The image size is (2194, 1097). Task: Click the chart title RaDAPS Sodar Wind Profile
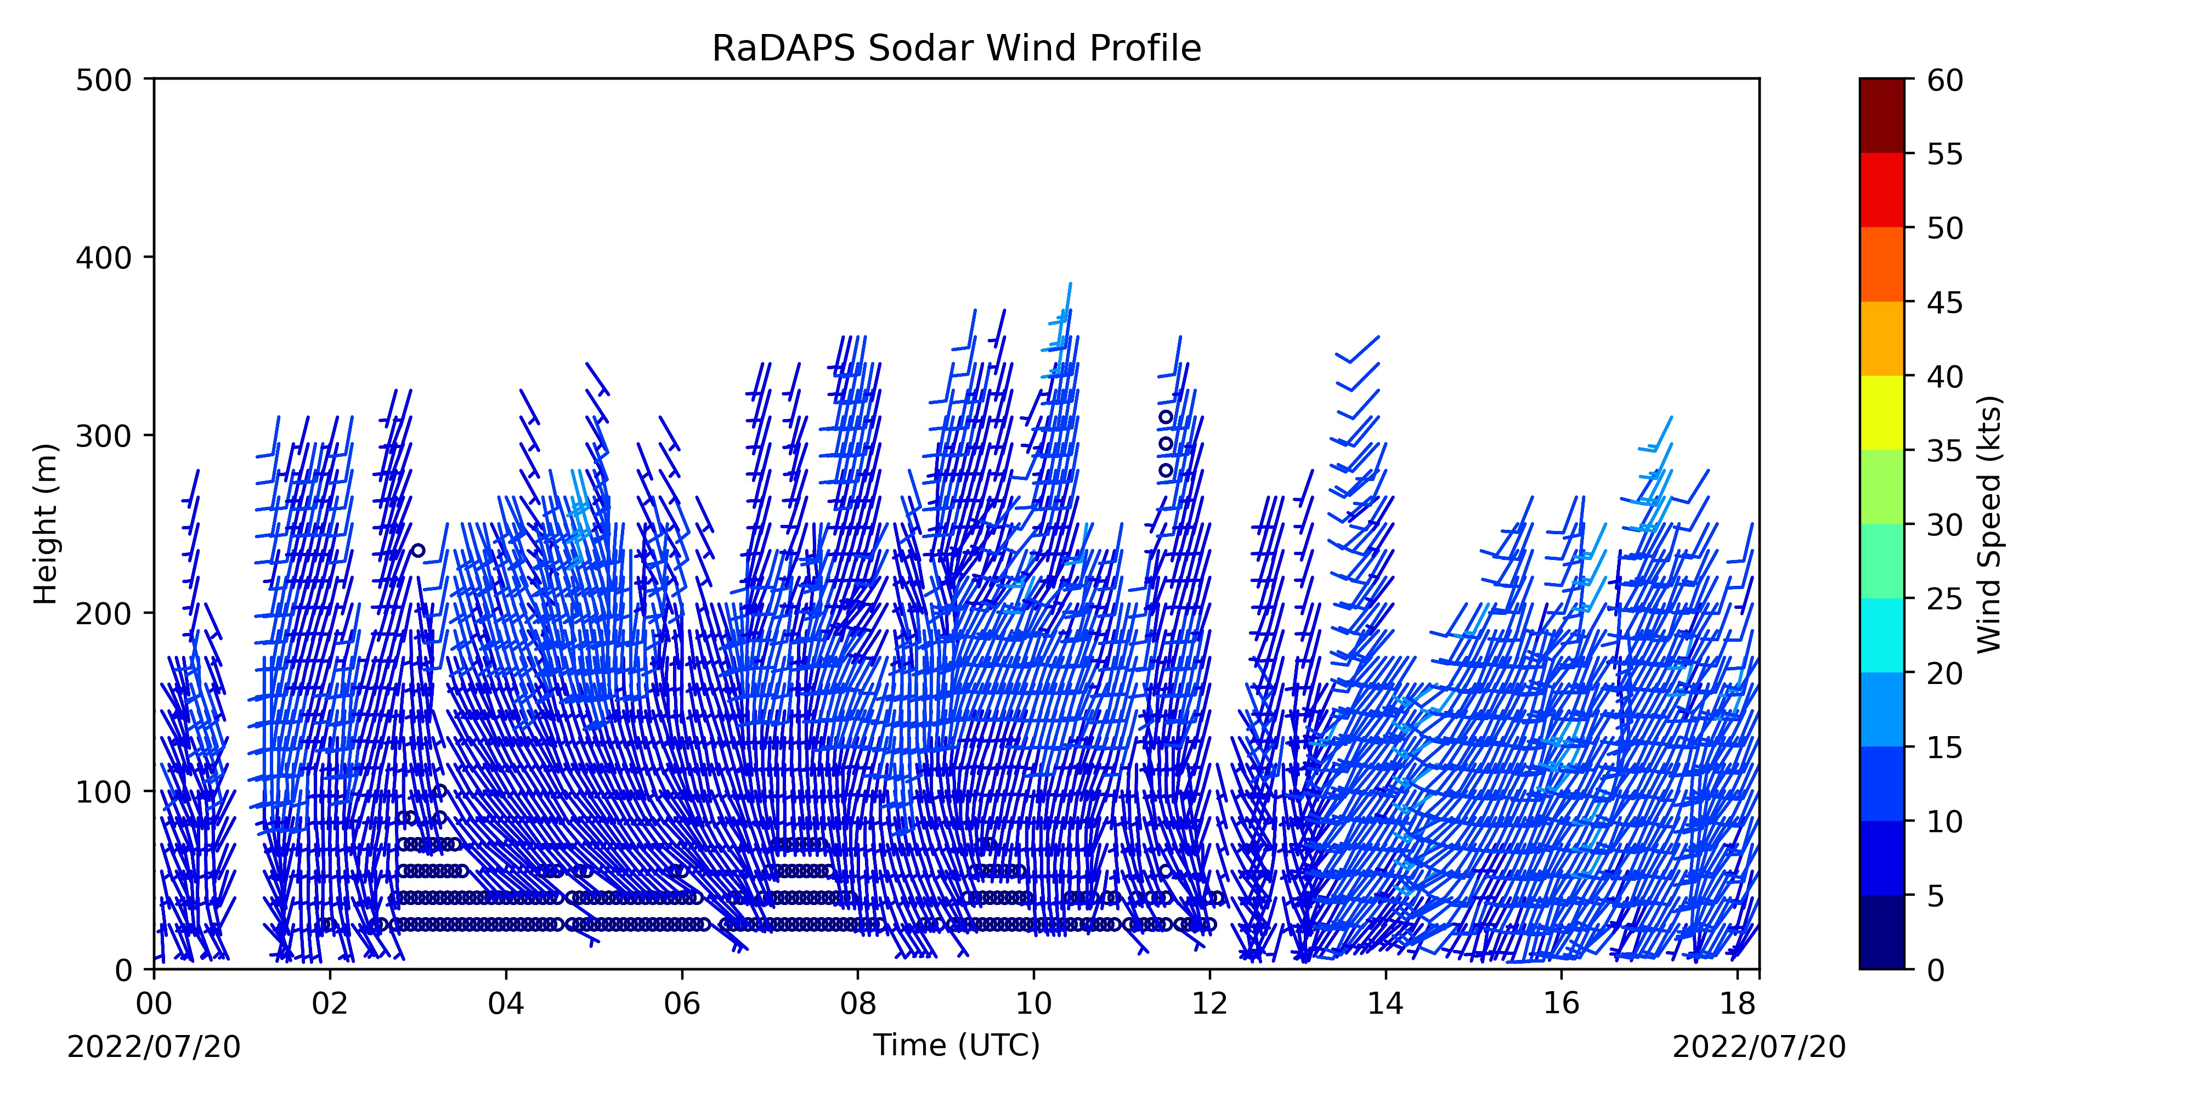tap(957, 49)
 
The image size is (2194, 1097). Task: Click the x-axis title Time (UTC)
tap(957, 1045)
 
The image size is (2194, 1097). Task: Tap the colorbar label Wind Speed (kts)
tap(1989, 524)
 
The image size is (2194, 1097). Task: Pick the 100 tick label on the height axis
tap(103, 792)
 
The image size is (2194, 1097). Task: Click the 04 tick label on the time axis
tap(506, 1003)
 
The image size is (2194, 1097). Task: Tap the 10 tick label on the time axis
tap(1033, 1003)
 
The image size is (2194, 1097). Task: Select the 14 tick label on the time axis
tap(1386, 1003)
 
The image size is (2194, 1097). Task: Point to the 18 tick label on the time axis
tap(1738, 1003)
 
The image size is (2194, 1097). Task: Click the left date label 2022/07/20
tap(154, 1047)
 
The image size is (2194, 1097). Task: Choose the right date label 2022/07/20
tap(1759, 1047)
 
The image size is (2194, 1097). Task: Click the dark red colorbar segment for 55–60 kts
tap(1881, 116)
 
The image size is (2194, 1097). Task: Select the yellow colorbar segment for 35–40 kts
tap(1881, 413)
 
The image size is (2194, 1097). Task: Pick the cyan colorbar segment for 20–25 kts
tap(1881, 635)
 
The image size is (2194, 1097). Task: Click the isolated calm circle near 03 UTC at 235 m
tap(418, 550)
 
